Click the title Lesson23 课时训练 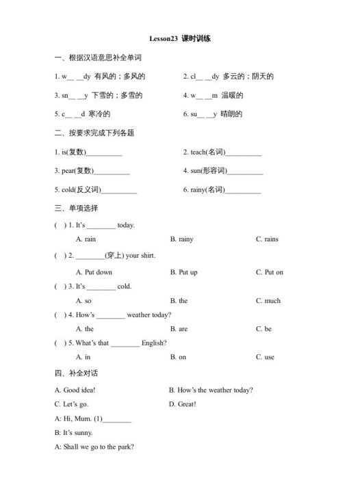[180, 39]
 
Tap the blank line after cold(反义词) [119, 189]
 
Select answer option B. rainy [181, 239]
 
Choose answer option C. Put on [269, 272]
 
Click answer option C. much [268, 301]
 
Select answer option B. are [179, 329]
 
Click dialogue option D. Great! [183, 404]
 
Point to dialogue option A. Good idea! [75, 390]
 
